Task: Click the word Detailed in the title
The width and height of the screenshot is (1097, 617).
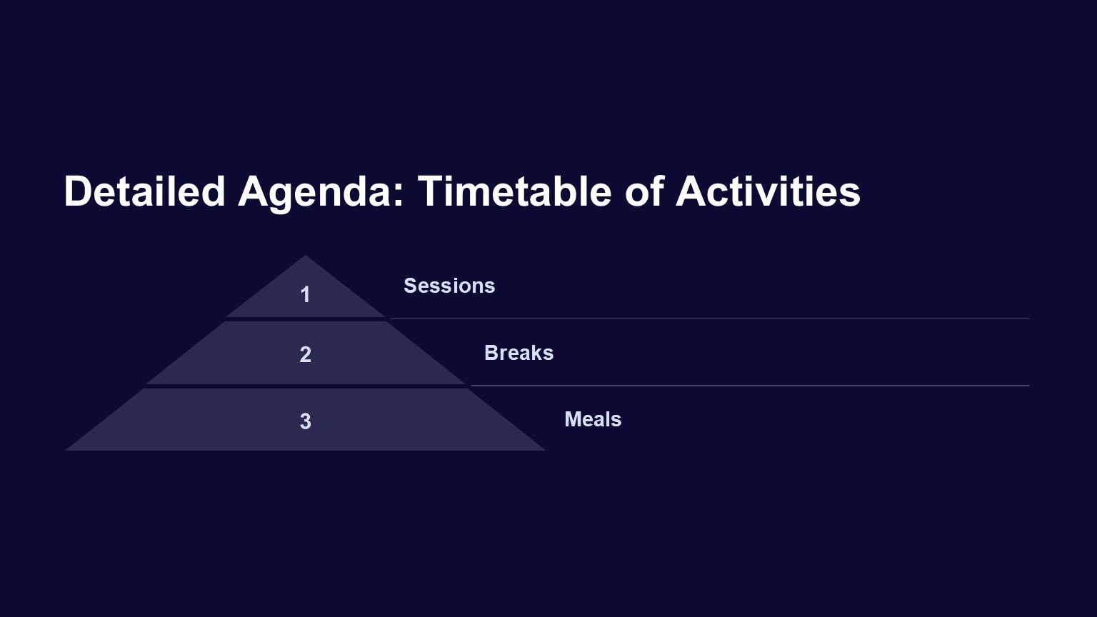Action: [x=144, y=191]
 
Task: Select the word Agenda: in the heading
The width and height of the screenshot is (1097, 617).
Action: [x=321, y=194]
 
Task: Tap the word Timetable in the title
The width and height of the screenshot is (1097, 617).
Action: [x=515, y=191]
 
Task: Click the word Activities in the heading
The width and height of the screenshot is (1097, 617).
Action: [x=768, y=191]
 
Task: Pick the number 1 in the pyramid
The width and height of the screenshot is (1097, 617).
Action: [x=305, y=295]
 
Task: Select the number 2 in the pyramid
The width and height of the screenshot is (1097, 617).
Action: [x=305, y=354]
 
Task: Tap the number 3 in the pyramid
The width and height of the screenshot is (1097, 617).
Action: [x=305, y=421]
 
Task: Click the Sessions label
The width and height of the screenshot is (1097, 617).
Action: [x=449, y=286]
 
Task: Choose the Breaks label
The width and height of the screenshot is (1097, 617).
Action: [x=519, y=353]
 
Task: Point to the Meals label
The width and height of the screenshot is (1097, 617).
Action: [x=593, y=419]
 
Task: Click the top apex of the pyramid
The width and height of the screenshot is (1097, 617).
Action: [x=305, y=256]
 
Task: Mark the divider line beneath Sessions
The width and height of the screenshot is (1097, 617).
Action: [x=710, y=318]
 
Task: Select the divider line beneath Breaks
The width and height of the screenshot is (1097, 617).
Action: [x=750, y=386]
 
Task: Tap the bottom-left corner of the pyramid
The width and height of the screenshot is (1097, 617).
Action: [x=66, y=450]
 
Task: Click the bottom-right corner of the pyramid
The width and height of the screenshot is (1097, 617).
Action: [x=545, y=450]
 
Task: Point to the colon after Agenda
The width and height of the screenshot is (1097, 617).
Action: [x=397, y=196]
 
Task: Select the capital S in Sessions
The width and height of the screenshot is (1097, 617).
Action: [x=411, y=286]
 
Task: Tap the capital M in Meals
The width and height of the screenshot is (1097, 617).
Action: [x=573, y=419]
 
